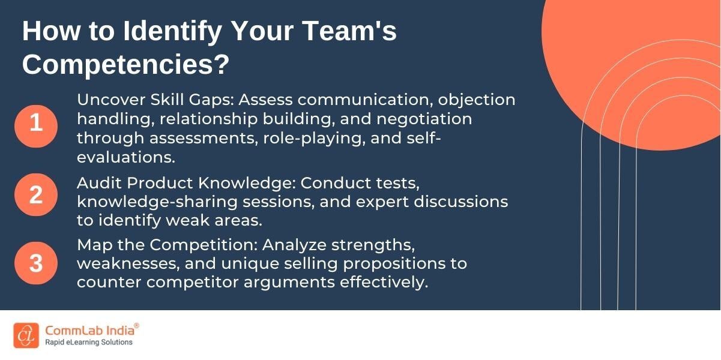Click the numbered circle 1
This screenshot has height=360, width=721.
(x=36, y=123)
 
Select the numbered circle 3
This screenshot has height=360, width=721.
(x=36, y=263)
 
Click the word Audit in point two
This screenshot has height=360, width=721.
(x=96, y=182)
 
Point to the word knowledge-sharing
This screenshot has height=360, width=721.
(x=145, y=202)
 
